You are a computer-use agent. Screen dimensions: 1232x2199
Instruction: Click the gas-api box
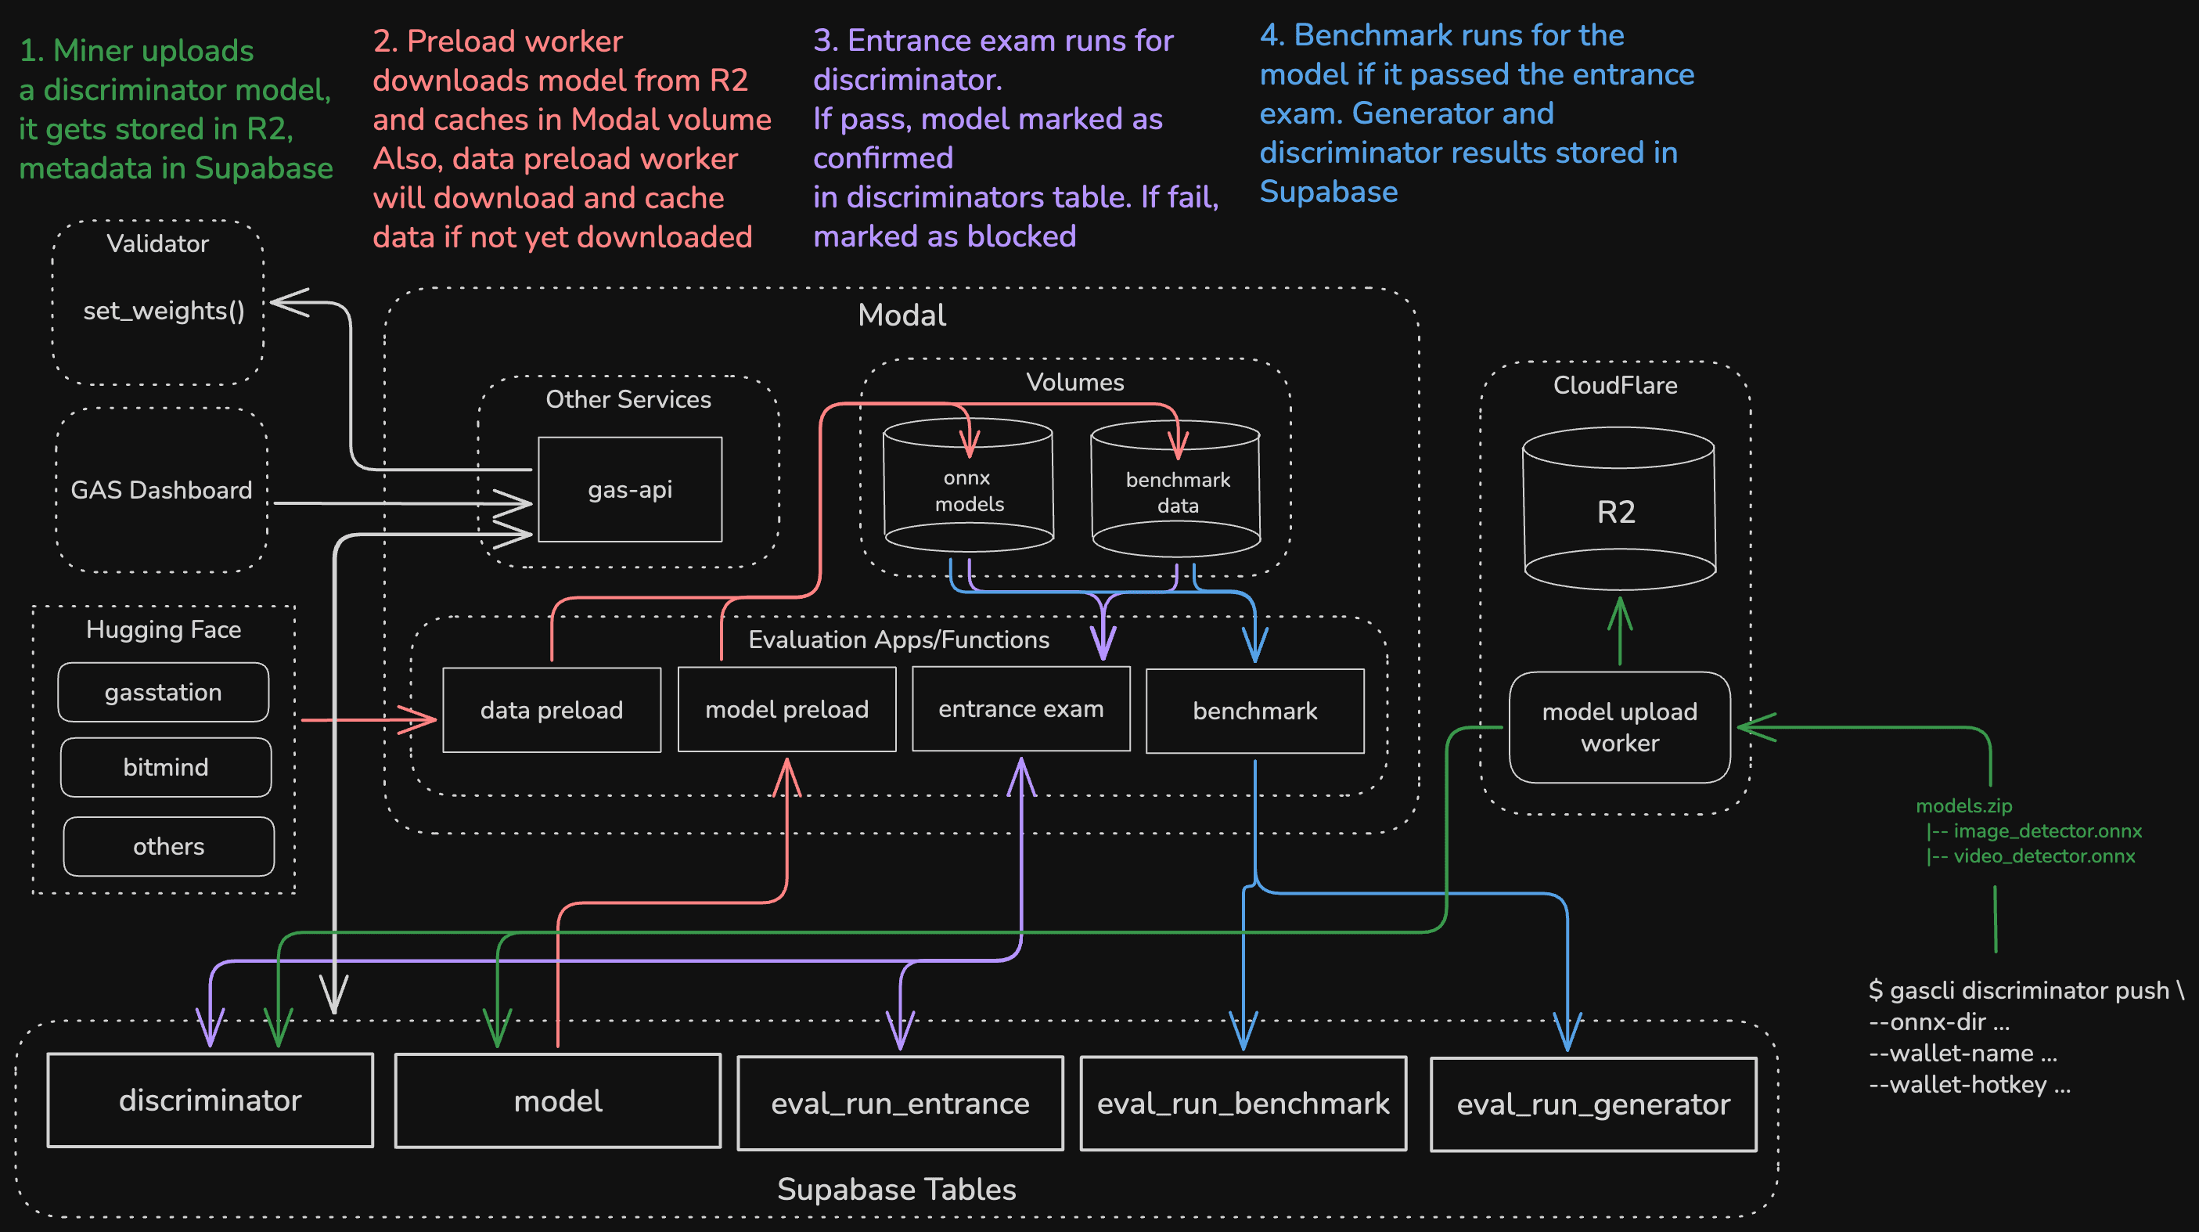(630, 489)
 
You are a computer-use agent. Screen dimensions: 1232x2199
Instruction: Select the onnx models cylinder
(968, 491)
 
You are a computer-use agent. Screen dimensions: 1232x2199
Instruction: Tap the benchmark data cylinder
(1176, 492)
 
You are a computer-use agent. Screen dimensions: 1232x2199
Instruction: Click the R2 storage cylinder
(1618, 511)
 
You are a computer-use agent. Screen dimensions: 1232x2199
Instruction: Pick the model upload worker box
(1619, 726)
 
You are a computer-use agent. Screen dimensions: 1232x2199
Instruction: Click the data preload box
(552, 709)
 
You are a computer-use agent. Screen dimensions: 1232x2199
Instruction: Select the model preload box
(786, 708)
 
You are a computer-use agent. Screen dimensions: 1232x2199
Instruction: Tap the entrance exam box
(1021, 708)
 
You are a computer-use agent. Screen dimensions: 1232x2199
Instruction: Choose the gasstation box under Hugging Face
(163, 692)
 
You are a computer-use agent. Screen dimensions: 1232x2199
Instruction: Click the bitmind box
(166, 767)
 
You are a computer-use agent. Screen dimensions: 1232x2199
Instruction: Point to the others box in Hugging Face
(168, 846)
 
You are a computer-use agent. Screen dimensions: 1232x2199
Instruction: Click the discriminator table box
(210, 1100)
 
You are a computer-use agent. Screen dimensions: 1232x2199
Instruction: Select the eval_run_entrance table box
(900, 1103)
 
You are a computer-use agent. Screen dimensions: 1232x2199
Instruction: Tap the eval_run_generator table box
(1593, 1104)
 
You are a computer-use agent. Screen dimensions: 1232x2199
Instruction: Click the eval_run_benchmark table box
(1243, 1103)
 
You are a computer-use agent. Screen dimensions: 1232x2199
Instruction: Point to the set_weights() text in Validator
(164, 310)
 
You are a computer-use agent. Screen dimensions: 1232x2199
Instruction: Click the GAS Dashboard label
(161, 489)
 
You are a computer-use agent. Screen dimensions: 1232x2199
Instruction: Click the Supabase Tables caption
(896, 1188)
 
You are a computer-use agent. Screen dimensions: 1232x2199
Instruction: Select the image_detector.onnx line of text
(2046, 830)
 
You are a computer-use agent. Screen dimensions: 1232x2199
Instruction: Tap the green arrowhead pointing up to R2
(1619, 608)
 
